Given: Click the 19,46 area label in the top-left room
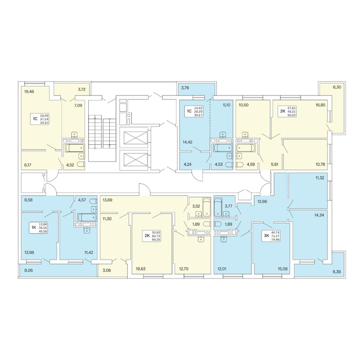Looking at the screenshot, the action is pos(29,91).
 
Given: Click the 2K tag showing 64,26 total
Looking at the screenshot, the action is pos(152,236).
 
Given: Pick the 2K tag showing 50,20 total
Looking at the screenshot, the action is pos(287,111).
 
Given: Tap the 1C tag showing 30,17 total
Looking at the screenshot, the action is pos(194,111).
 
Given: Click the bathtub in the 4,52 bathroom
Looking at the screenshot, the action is pos(75,148).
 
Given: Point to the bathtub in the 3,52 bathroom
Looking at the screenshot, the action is pos(207,207).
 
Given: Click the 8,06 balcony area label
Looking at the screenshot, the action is pos(28,270).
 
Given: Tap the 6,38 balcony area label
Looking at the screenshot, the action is pos(336,272).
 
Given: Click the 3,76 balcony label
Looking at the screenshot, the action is pos(185,87).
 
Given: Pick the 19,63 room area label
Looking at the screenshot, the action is pos(141,269).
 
